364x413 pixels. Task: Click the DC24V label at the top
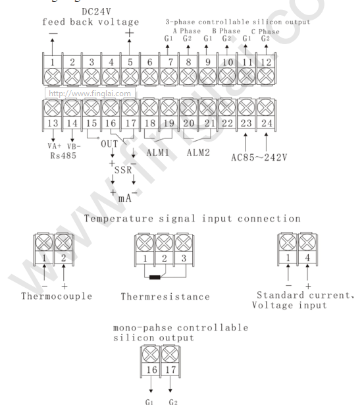[x=96, y=12]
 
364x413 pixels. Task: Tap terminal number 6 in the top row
[x=150, y=62]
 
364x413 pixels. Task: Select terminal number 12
[x=266, y=62]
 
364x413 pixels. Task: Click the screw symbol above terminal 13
[x=53, y=108]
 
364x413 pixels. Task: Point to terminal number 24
[x=267, y=123]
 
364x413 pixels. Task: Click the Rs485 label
[x=63, y=155]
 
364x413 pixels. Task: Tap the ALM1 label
[x=158, y=153]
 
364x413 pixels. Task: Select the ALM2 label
[x=198, y=153]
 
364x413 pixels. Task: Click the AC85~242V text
[x=259, y=157]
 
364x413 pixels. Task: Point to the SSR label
[x=123, y=170]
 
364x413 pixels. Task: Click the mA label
[x=125, y=198]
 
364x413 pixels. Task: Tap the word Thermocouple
[x=57, y=296]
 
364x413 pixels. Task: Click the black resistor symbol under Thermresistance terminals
[x=155, y=277]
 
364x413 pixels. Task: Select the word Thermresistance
[x=165, y=296]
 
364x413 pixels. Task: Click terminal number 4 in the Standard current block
[x=307, y=258]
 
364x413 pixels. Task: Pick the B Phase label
[x=226, y=31]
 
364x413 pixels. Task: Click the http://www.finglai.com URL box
[x=90, y=94]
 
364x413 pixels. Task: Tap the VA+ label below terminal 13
[x=55, y=146]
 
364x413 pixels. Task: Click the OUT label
[x=109, y=144]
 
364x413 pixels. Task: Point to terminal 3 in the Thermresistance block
[x=184, y=258]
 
